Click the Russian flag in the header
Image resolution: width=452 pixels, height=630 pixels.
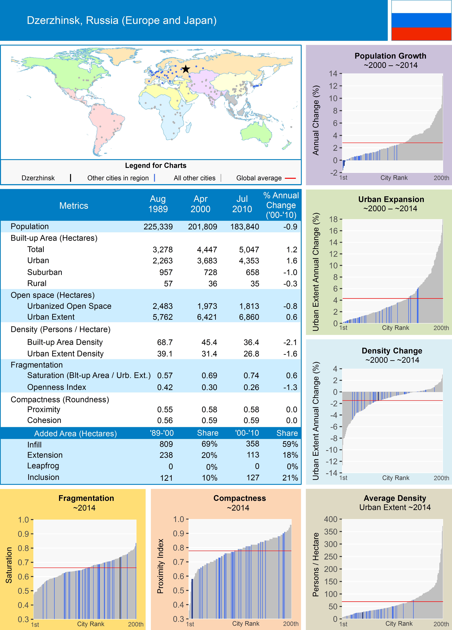pos(421,20)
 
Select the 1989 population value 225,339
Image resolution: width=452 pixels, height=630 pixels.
pos(158,227)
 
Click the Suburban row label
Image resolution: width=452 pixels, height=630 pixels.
pos(45,272)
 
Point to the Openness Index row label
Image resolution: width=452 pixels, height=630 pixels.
pos(57,387)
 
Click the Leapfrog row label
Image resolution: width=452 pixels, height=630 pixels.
pos(43,466)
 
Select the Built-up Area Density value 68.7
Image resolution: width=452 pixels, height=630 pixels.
pos(165,342)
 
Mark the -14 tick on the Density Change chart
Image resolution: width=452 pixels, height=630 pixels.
pos(332,473)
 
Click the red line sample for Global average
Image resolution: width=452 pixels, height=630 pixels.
pos(290,178)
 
